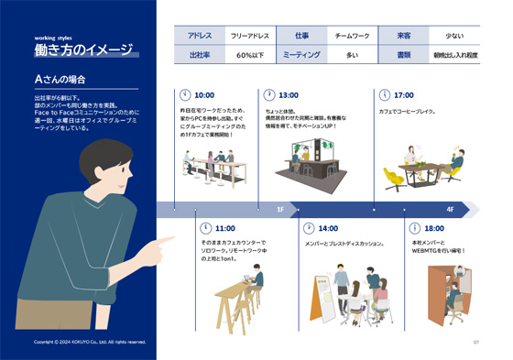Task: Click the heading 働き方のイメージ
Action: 83,49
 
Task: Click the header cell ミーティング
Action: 301,55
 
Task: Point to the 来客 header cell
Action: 403,36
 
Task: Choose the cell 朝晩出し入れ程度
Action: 454,55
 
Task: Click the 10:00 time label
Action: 204,95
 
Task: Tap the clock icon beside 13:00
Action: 268,94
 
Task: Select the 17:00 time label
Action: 404,95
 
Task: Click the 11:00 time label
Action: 224,228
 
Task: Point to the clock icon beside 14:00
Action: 309,228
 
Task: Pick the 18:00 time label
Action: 434,228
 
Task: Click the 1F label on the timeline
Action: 280,209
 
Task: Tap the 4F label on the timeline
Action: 450,209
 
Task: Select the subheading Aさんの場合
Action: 60,79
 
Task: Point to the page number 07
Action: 476,343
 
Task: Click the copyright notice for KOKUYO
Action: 90,342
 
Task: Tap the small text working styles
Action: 55,38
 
